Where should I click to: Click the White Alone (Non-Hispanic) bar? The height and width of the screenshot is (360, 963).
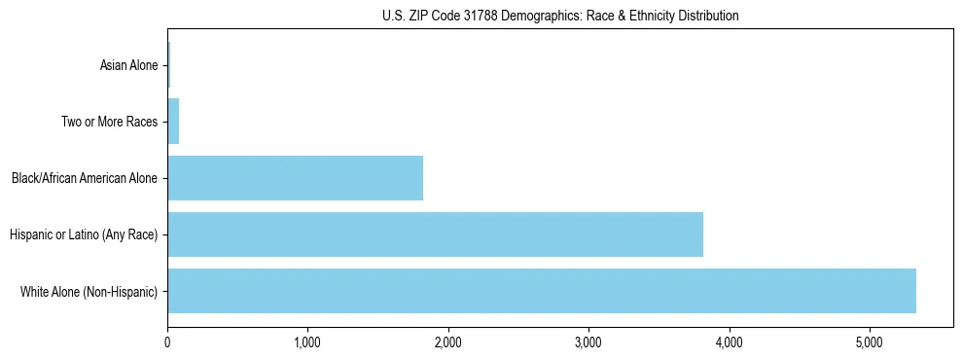pyautogui.click(x=541, y=291)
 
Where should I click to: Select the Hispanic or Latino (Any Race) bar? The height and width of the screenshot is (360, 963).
pyautogui.click(x=435, y=234)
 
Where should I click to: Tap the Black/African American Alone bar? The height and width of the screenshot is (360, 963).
pyautogui.click(x=295, y=178)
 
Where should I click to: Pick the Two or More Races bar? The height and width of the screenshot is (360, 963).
pyautogui.click(x=173, y=122)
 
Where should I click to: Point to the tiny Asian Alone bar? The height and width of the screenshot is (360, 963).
pyautogui.click(x=168, y=65)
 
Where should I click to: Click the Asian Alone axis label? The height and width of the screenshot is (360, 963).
pyautogui.click(x=128, y=66)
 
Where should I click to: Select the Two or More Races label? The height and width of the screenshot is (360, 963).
pyautogui.click(x=109, y=123)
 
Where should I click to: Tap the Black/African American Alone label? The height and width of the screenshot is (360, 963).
pyautogui.click(x=85, y=179)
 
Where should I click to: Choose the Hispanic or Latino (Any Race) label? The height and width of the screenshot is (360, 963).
pyautogui.click(x=84, y=235)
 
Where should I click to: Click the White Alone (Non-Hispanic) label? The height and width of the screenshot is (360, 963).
pyautogui.click(x=89, y=292)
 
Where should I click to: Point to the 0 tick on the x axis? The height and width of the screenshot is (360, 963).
pyautogui.click(x=167, y=342)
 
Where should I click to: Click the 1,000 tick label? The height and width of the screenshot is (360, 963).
pyautogui.click(x=307, y=342)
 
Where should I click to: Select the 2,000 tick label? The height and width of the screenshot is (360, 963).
pyautogui.click(x=447, y=342)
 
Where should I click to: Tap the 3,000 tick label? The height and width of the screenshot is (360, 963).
pyautogui.click(x=588, y=342)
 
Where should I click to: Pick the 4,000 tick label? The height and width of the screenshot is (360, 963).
pyautogui.click(x=729, y=342)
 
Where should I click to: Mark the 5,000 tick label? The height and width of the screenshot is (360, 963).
pyautogui.click(x=869, y=342)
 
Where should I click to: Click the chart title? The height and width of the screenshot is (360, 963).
pyautogui.click(x=560, y=16)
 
